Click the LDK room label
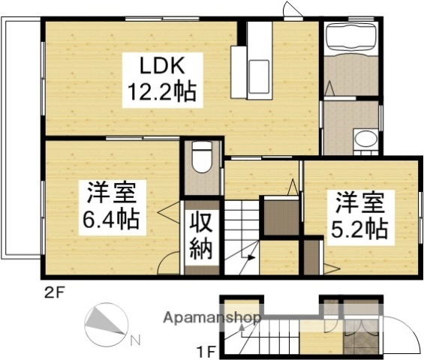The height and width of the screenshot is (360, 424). [161, 64]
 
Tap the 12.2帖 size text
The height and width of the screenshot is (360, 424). [161, 91]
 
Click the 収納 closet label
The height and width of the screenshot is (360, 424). [201, 234]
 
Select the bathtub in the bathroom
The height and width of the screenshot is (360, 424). [350, 37]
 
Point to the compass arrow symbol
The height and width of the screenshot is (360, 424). [104, 324]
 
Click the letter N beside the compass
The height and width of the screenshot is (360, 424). [134, 340]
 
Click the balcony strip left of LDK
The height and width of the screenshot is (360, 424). [21, 135]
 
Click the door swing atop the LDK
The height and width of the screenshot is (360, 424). [290, 10]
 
